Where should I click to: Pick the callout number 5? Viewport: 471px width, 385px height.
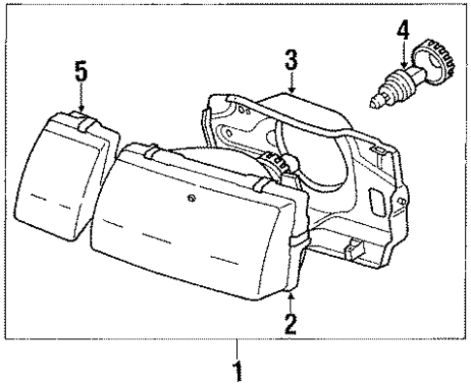tap(82, 71)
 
